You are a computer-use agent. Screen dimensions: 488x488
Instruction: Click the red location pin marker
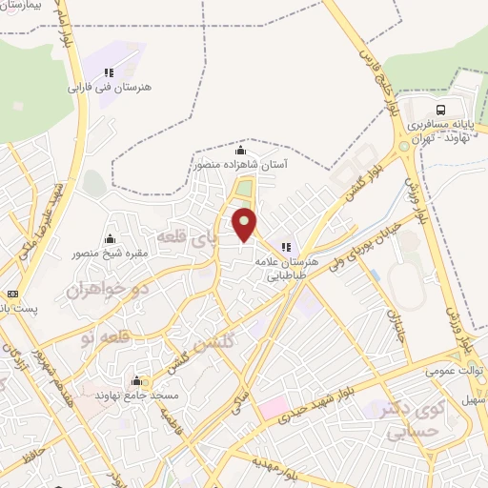(x=246, y=225)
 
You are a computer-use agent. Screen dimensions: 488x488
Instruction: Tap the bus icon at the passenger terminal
(x=441, y=109)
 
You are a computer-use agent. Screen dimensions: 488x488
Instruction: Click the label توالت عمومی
(x=454, y=368)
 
